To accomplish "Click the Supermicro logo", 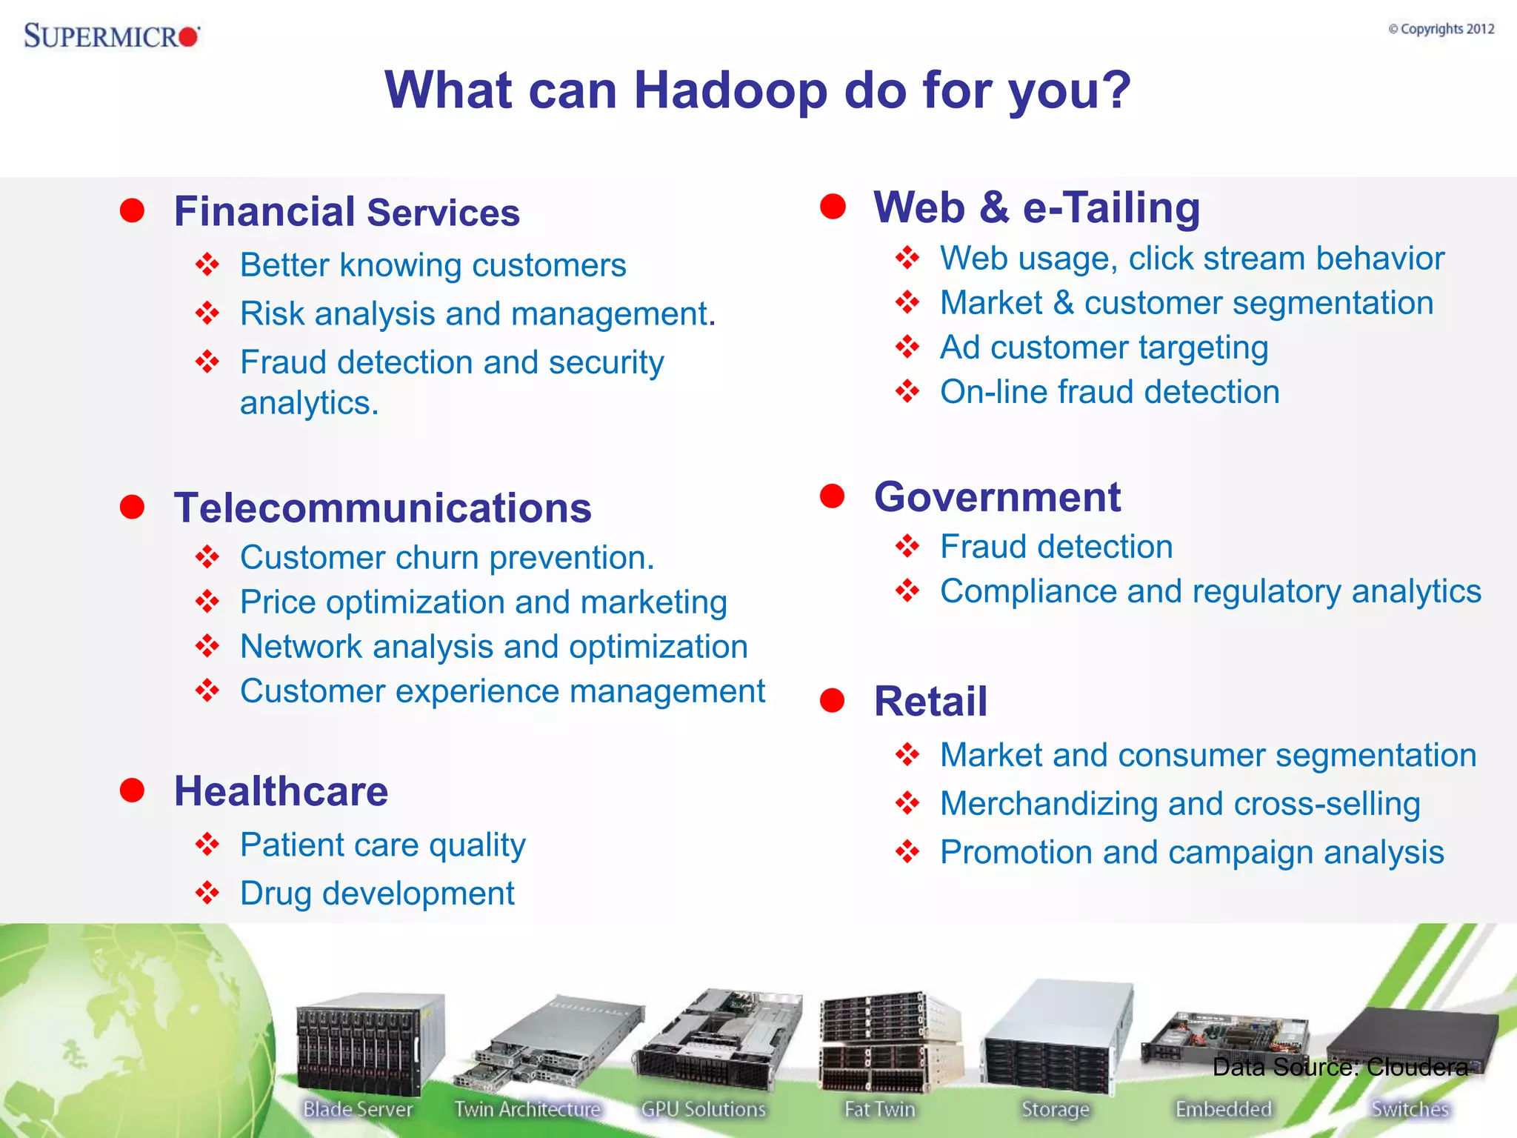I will [x=111, y=36].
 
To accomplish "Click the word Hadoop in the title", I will [x=730, y=90].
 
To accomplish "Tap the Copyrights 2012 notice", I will [x=1441, y=29].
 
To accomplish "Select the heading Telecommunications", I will [x=382, y=508].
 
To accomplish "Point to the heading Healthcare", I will [x=281, y=791].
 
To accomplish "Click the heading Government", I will [x=997, y=497].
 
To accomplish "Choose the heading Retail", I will [x=930, y=701].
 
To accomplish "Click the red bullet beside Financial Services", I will [x=133, y=210].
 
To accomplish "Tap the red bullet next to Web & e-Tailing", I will [x=833, y=207].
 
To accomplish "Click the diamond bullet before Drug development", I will [x=207, y=892].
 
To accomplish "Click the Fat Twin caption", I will [x=880, y=1109].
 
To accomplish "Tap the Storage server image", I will [x=1056, y=1037].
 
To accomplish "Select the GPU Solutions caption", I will [x=703, y=1109].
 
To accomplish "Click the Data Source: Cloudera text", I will [x=1340, y=1067].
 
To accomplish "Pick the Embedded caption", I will [x=1223, y=1109].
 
